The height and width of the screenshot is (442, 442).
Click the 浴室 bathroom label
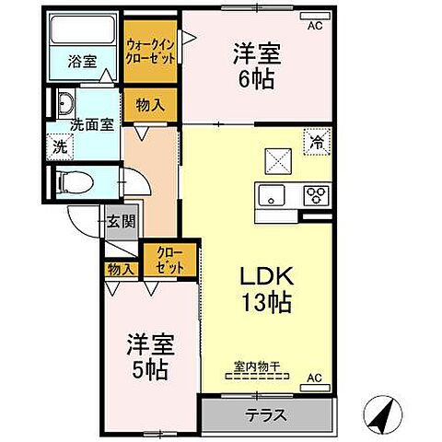tap(82, 63)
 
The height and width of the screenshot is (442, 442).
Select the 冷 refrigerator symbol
tap(316, 143)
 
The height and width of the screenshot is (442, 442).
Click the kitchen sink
tap(273, 193)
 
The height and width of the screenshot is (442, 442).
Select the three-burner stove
tap(316, 193)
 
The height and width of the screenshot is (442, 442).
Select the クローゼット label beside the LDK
tap(169, 258)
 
